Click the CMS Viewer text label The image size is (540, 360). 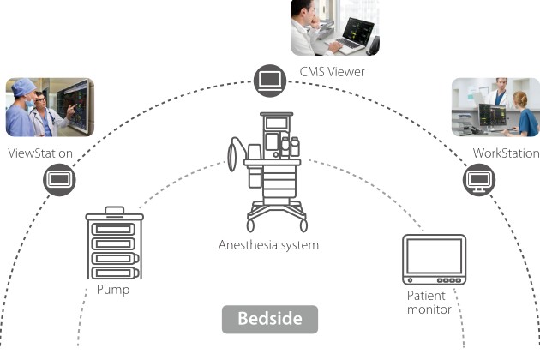pos(332,72)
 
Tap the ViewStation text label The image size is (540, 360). pos(40,153)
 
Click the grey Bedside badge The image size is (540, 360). pos(270,319)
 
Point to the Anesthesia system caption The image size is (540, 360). pos(268,245)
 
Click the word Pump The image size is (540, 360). pos(113,290)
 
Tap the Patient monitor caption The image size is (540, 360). pos(429,303)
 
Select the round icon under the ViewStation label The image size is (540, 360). pos(60,180)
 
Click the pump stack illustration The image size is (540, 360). pos(114,245)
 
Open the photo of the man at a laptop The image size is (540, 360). pos(334,27)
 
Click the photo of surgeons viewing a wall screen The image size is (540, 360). pos(50,107)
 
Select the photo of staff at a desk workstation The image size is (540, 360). pos(495,107)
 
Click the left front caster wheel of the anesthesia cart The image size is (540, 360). pos(252,226)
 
